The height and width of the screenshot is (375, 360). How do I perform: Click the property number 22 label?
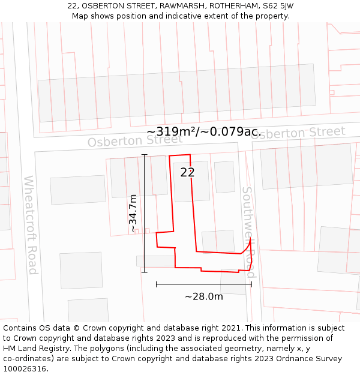pos(187,172)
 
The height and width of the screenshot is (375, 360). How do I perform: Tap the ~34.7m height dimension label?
pos(133,213)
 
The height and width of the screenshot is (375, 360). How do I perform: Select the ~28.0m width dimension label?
pos(203,296)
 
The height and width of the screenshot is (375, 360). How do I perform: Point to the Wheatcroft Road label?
pos(31,224)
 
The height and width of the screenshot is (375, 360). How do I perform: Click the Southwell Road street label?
pos(249,232)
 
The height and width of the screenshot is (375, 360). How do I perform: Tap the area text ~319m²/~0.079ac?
pos(202,131)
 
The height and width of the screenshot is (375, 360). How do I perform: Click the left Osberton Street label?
pos(135,140)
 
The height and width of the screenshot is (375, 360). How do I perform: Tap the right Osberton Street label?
pos(298,133)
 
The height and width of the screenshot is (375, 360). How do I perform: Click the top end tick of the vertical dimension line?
pos(144,155)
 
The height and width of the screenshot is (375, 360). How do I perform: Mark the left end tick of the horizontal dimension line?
pos(156,284)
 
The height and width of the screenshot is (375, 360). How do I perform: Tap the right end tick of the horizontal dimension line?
pos(251,284)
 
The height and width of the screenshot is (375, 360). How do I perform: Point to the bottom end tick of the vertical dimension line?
pos(144,272)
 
